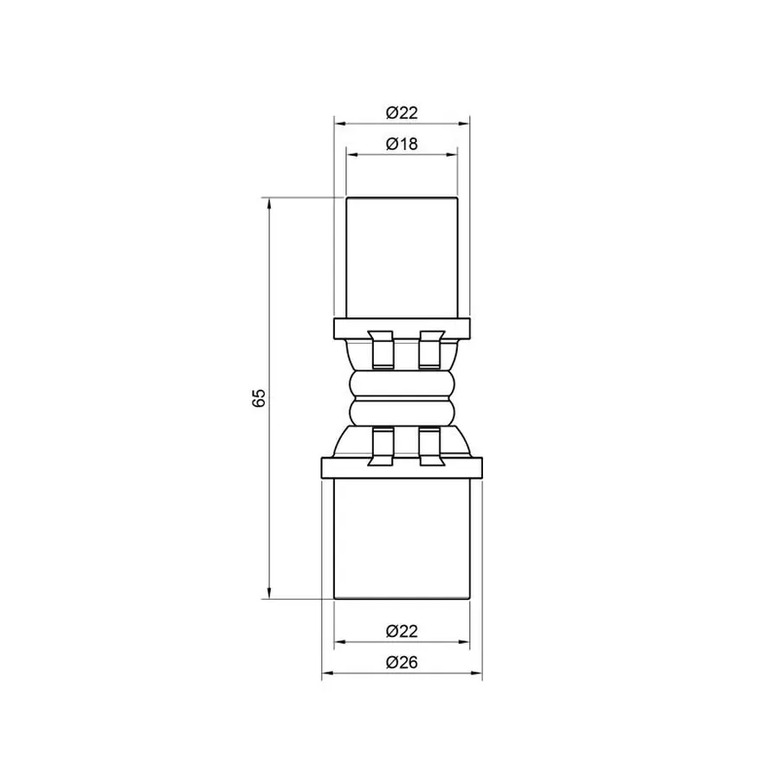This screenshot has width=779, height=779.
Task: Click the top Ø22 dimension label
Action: (x=402, y=113)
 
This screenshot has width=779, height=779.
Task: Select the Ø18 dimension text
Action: (x=402, y=145)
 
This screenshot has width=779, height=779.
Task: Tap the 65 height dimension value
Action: (x=258, y=398)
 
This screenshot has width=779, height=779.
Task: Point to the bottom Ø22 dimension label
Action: (x=402, y=632)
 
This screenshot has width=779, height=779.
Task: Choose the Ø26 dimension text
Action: (x=402, y=663)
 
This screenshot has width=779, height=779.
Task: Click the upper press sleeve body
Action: (x=402, y=255)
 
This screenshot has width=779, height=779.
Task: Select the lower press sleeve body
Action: (x=402, y=537)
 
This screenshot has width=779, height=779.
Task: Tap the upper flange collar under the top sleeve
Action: (x=402, y=328)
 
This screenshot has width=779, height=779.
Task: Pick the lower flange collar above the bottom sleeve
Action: (x=402, y=467)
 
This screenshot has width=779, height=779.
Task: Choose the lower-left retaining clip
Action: (x=378, y=445)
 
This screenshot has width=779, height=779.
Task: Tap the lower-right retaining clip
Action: (x=429, y=445)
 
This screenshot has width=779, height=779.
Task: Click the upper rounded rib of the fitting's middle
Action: (x=402, y=383)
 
